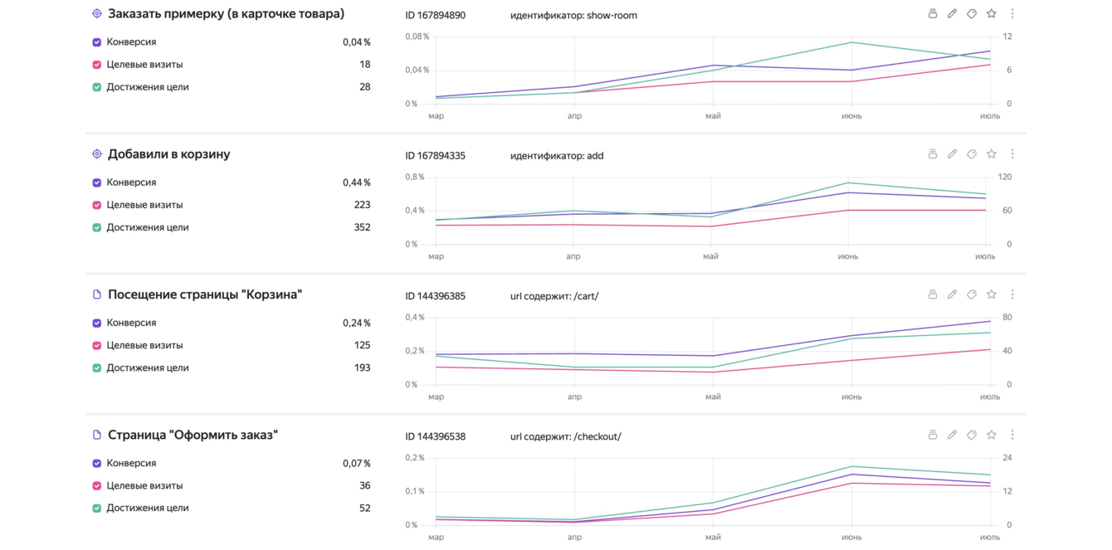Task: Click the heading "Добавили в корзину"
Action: click(168, 153)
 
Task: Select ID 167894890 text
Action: click(435, 16)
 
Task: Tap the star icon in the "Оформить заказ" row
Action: click(992, 435)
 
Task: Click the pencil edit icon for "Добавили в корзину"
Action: click(952, 153)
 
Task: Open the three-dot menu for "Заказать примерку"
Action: click(1012, 14)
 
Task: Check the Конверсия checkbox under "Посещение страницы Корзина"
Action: click(97, 324)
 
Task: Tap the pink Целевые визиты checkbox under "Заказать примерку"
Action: click(97, 65)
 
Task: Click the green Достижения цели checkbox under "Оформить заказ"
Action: click(97, 509)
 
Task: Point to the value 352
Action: click(362, 227)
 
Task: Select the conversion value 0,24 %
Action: click(357, 324)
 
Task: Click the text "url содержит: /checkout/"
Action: click(565, 437)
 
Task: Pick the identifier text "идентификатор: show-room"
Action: click(573, 16)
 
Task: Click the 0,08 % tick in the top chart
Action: click(417, 37)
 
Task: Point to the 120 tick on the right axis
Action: click(1005, 177)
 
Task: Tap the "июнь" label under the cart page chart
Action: click(851, 397)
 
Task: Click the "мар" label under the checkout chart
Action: click(436, 537)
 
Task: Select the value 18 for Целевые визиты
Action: click(365, 65)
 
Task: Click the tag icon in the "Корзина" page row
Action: click(972, 294)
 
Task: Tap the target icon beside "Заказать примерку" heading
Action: click(97, 13)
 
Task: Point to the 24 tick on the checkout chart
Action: click(1007, 458)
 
